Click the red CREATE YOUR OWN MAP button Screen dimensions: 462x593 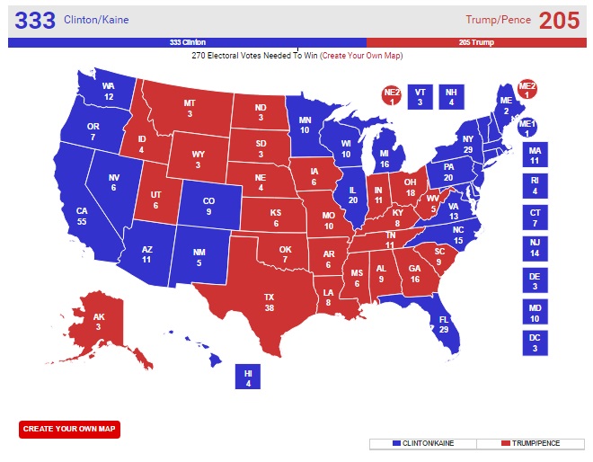(x=69, y=429)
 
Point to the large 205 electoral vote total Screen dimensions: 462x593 (x=559, y=20)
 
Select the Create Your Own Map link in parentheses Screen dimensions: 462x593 (x=361, y=56)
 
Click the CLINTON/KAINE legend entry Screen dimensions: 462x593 (x=422, y=444)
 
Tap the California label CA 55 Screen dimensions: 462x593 (x=82, y=215)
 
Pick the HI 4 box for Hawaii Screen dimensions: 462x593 (x=248, y=377)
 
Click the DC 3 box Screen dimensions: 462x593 (x=535, y=342)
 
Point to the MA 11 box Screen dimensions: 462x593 (x=535, y=155)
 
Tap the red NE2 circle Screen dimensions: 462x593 (x=392, y=96)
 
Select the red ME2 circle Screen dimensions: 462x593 (x=527, y=91)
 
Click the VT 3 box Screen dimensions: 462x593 (x=420, y=96)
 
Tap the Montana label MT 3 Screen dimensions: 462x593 (x=190, y=109)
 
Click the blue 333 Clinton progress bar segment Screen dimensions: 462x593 (x=187, y=42)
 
